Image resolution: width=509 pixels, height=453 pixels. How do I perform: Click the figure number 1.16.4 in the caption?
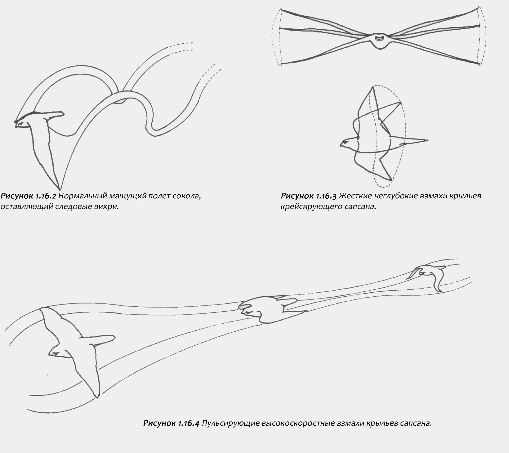[x=188, y=423]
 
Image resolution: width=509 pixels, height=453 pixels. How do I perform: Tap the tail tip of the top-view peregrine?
[x=427, y=140]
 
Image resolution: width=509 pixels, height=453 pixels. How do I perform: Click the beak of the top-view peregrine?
[x=341, y=145]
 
